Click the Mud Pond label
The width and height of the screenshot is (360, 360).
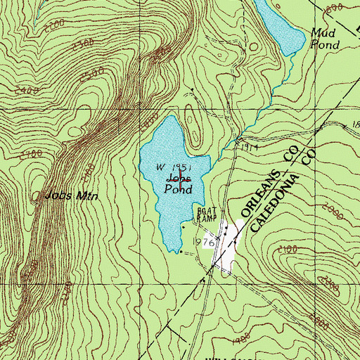click(x=324, y=39)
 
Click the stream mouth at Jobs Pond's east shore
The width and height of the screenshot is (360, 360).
click(x=211, y=157)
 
